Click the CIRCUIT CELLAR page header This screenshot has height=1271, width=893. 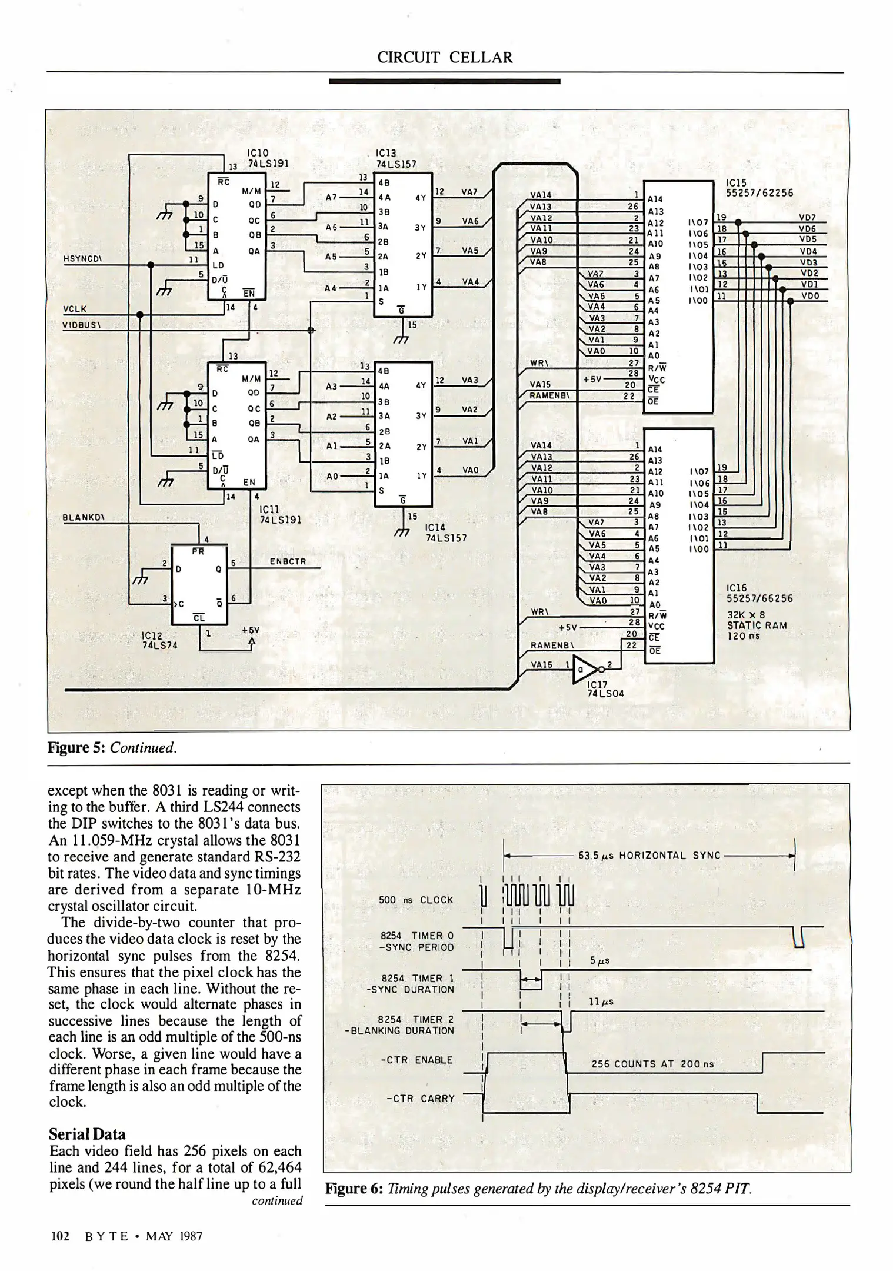445,57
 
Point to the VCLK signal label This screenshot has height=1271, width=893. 75,308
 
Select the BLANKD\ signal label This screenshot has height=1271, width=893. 83,518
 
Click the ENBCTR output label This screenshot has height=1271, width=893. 288,561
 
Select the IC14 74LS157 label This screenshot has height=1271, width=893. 445,532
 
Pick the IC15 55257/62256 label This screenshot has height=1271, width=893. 759,188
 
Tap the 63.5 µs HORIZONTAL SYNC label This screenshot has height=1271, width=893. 649,855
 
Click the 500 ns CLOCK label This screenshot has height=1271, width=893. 416,900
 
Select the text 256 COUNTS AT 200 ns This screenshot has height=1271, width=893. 652,1064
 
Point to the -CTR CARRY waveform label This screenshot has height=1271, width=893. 420,1098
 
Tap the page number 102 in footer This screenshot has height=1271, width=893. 61,1236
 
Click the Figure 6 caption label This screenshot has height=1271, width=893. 354,1188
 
